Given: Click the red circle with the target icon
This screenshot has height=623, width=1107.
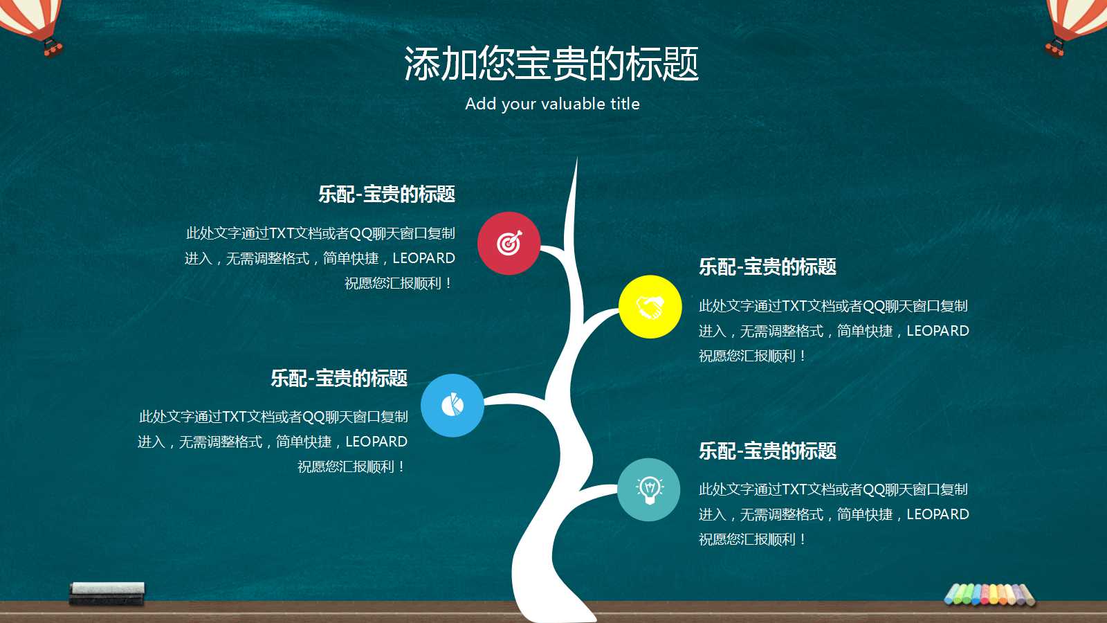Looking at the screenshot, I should pos(509,243).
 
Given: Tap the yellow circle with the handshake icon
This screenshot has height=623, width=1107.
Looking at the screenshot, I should pos(650,307).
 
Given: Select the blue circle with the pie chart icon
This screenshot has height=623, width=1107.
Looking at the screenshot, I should pos(452,405).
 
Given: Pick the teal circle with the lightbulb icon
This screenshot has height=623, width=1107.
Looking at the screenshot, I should pos(648,489).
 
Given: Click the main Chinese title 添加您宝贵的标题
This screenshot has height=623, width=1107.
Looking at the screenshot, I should pos(551,64).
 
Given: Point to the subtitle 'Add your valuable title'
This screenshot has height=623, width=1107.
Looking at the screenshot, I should pos(552,104).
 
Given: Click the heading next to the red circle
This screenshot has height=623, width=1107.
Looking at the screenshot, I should pos(387,195).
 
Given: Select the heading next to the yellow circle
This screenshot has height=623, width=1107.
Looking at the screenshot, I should pos(767,267).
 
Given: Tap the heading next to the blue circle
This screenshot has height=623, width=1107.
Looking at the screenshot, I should pos(339,379).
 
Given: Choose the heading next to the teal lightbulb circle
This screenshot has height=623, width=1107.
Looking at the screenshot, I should pos(767,451).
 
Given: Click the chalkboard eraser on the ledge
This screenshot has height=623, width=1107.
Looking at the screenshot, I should pos(107,593).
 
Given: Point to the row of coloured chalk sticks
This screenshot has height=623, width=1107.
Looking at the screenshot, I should pos(989,594).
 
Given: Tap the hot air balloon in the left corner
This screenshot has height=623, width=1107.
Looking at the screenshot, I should pos(31,24).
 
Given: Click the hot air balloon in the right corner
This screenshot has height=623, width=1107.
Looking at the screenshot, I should pos(1076,24).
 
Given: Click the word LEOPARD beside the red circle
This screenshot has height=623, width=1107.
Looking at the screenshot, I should pos(423,258).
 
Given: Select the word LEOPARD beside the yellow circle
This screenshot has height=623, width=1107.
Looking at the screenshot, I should pos(937,331).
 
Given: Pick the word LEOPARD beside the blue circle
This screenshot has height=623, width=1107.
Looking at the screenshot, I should pos(376,442).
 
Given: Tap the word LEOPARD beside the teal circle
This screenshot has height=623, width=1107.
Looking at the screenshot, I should pos(937,514).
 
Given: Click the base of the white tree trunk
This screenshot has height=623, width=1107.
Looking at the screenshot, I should pos(553,606).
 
